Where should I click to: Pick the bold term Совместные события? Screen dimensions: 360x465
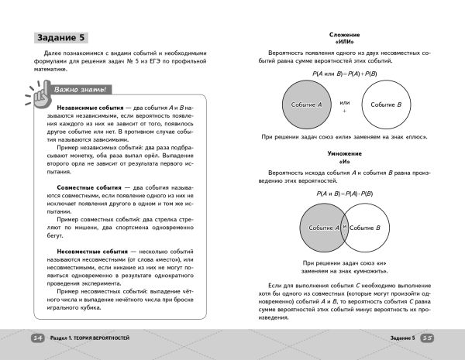pyautogui.click(x=81, y=187)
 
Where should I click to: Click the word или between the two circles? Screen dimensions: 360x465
pyautogui.click(x=345, y=101)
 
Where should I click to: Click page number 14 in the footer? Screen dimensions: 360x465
pyautogui.click(x=38, y=338)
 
